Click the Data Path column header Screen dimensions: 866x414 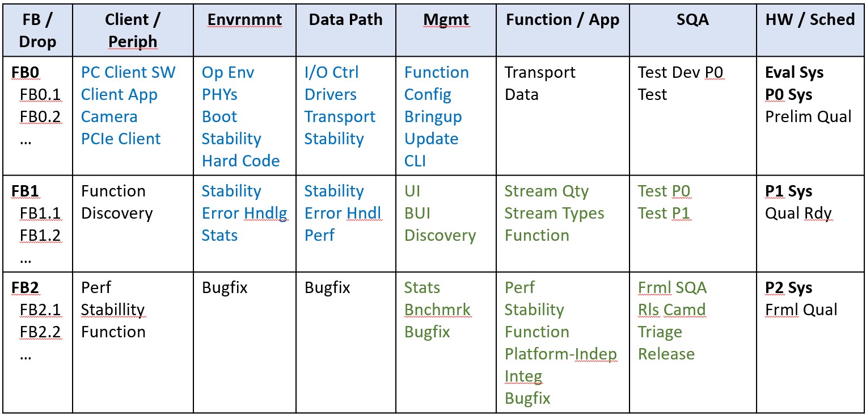[x=345, y=19]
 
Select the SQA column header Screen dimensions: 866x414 [x=692, y=19]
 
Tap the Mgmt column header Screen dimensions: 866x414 [x=446, y=20]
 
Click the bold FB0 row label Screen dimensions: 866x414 [x=25, y=73]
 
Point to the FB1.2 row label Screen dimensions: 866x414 [x=40, y=235]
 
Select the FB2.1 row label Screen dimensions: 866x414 [x=40, y=310]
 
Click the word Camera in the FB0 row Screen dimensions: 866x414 [x=109, y=116]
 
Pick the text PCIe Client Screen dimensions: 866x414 [x=121, y=139]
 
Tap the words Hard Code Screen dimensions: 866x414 [x=240, y=161]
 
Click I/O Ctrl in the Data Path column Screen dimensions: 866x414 [x=331, y=73]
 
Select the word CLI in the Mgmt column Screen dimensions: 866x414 [x=415, y=161]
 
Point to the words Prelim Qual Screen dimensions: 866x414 [x=808, y=116]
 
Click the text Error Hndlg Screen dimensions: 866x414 [x=244, y=214]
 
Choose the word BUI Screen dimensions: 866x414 [x=417, y=213]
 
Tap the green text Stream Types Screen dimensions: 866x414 [x=554, y=214]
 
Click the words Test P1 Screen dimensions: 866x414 [x=664, y=213]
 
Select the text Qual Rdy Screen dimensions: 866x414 [x=798, y=214]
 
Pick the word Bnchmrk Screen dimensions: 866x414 [x=437, y=310]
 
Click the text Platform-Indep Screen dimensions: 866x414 [x=560, y=354]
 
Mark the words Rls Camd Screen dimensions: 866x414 [x=672, y=310]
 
